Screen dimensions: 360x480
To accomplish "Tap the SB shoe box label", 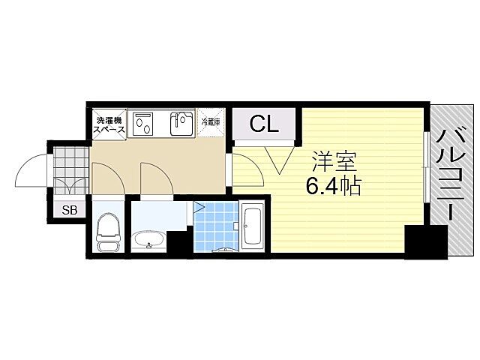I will click(69, 210).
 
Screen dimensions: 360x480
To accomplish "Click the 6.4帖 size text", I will click(333, 184).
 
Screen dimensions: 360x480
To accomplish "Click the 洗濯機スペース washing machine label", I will click(109, 124).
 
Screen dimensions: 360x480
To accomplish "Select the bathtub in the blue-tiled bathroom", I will click(250, 226).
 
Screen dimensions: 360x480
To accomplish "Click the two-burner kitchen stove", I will click(142, 124).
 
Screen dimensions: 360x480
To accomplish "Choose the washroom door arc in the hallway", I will click(154, 178).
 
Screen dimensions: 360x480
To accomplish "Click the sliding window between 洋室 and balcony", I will click(426, 166).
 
